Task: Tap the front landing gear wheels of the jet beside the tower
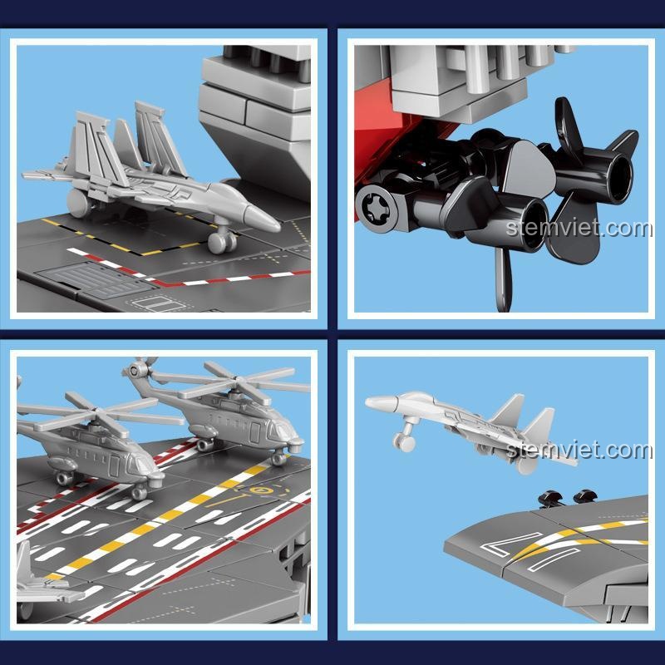pyautogui.click(x=222, y=243)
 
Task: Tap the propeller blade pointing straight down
pyautogui.click(x=504, y=280)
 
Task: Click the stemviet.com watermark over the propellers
pyautogui.click(x=579, y=229)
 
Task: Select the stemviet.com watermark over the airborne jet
pyautogui.click(x=579, y=450)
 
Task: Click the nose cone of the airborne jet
pyautogui.click(x=381, y=402)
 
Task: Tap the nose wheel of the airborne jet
pyautogui.click(x=404, y=443)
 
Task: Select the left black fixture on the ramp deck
pyautogui.click(x=550, y=498)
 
